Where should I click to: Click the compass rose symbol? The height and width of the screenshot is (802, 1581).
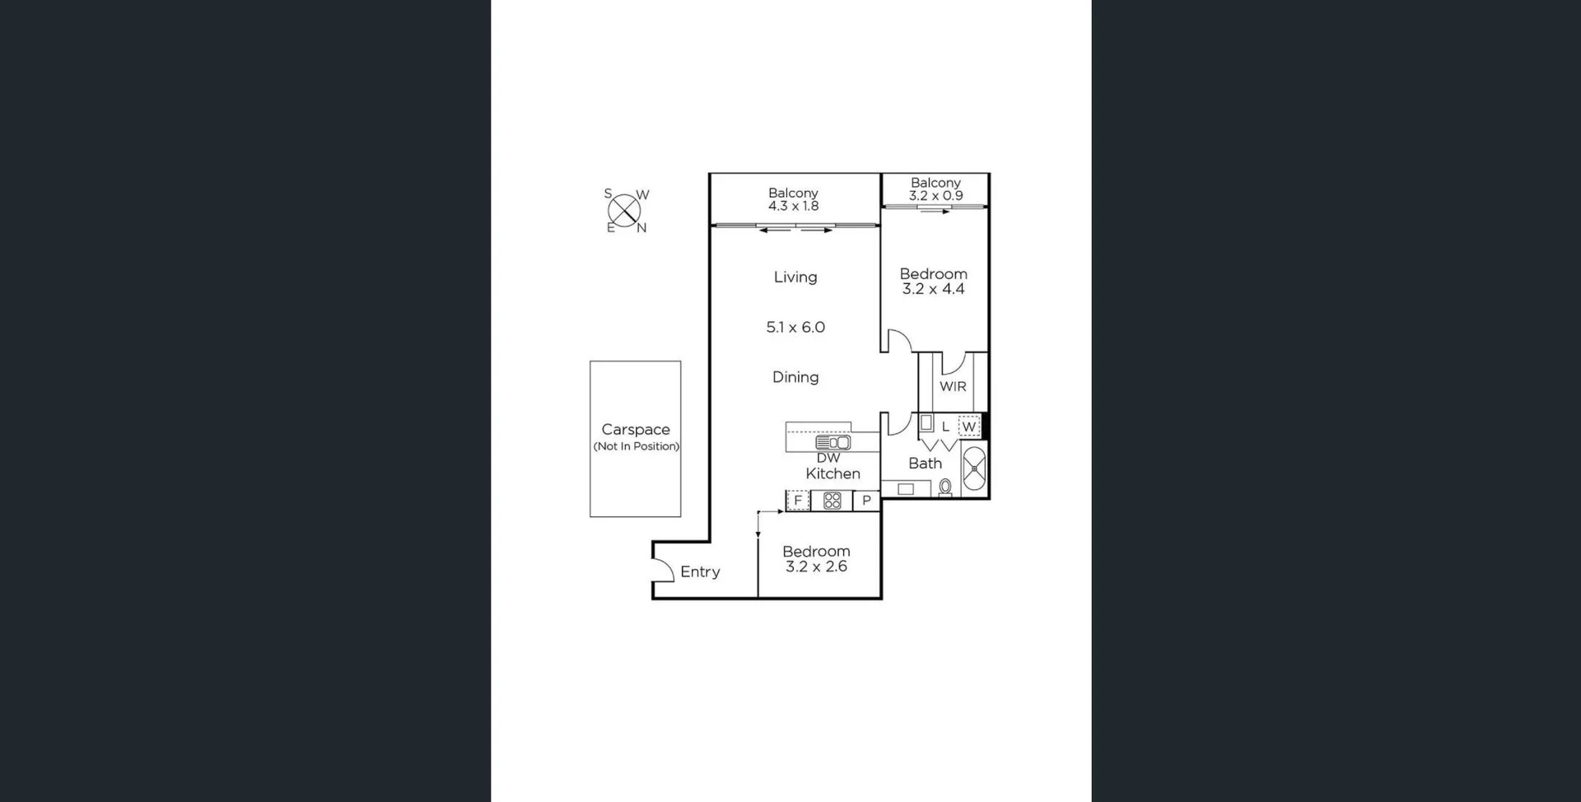[624, 211]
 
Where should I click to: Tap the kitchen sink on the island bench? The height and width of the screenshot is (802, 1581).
[832, 442]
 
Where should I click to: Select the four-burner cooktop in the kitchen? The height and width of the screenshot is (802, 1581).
[832, 500]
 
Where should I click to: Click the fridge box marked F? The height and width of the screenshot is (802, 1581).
[797, 500]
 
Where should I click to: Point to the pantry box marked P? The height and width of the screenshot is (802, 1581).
[866, 500]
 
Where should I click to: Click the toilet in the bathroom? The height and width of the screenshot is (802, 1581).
[945, 487]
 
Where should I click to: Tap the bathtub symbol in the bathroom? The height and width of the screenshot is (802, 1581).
[975, 468]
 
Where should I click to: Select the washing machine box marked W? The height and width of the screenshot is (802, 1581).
[969, 427]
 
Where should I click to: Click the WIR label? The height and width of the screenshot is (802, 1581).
[953, 386]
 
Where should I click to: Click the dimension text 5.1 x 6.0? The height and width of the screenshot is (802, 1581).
[795, 327]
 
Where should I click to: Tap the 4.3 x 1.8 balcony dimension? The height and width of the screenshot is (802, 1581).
[794, 206]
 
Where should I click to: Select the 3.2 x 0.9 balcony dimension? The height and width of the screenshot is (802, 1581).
[935, 195]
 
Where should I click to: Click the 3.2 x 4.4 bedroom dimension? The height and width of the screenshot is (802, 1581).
[933, 289]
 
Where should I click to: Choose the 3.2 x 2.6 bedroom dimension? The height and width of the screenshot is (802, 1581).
[816, 567]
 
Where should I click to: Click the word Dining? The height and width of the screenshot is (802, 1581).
[795, 377]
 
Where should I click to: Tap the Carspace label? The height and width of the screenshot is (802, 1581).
[636, 430]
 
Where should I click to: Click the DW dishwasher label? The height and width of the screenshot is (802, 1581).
[828, 458]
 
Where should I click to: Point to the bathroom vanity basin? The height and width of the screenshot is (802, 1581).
[906, 489]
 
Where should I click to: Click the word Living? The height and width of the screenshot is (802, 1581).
[795, 277]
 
